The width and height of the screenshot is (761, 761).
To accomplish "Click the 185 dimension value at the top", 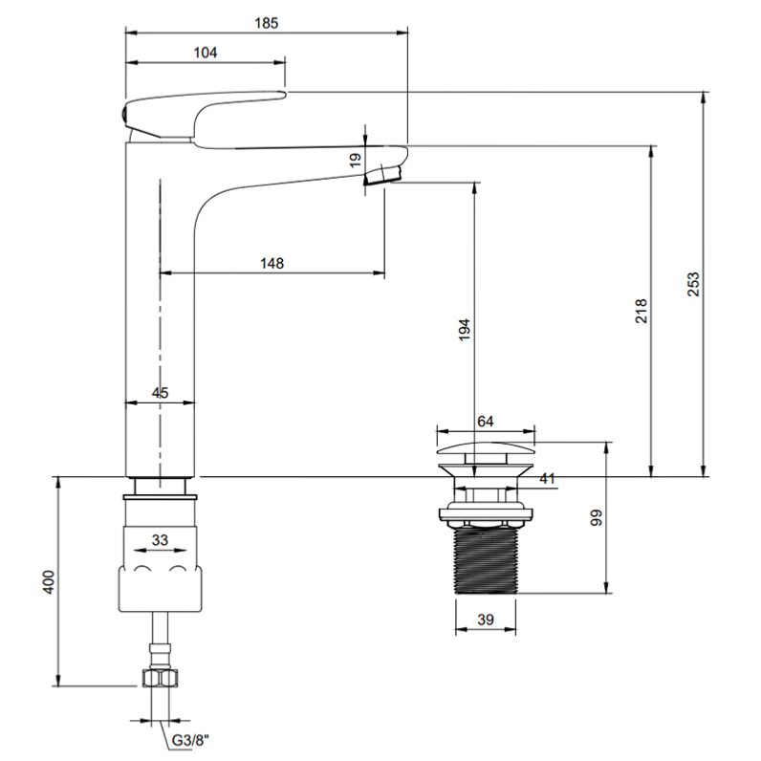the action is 267,23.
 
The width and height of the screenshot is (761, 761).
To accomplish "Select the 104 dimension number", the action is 206,53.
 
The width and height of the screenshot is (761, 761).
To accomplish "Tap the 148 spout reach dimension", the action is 272,263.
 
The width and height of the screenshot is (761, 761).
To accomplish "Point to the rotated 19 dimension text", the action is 356,160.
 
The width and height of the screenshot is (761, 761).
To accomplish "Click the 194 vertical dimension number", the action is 465,330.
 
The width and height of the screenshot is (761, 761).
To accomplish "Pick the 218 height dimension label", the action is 641,311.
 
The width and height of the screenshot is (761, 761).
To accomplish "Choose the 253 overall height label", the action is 693,284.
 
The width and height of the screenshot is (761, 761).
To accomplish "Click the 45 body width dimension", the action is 161,393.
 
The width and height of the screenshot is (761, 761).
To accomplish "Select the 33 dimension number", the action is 160,540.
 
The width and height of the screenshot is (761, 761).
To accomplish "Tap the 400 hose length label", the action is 49,582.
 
